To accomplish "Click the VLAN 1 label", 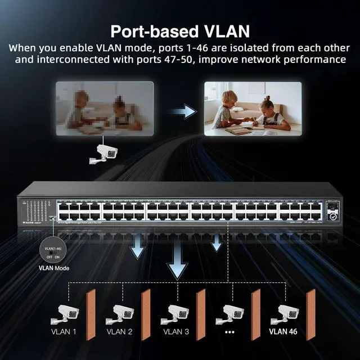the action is (64, 332).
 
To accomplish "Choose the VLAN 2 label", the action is (119, 332).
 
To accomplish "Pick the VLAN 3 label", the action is (176, 332).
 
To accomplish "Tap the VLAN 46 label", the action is (283, 332).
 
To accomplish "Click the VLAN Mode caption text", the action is (53, 268).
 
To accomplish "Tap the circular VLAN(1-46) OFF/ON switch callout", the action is (53, 248).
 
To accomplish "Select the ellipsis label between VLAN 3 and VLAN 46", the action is (229, 332).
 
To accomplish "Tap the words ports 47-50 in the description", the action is (200, 58).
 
